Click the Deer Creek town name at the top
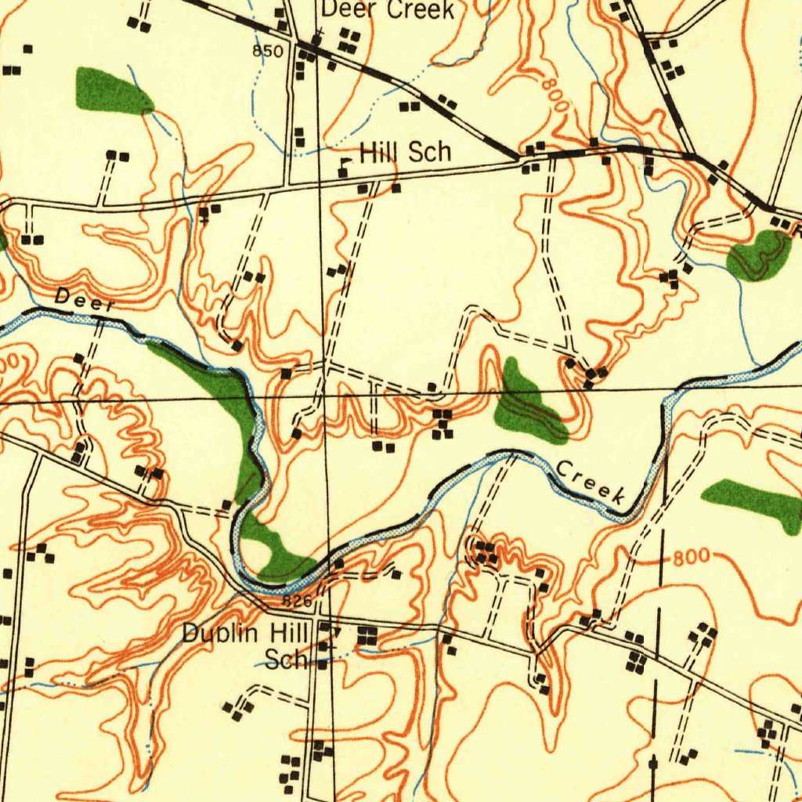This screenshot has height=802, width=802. [388, 9]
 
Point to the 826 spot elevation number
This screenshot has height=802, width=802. [298, 601]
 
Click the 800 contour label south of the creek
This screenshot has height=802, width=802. [692, 558]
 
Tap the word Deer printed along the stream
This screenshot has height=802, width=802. [85, 299]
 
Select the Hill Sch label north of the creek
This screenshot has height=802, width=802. [406, 152]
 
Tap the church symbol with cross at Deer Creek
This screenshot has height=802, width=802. [316, 38]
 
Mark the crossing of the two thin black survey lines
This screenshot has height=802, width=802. [325, 395]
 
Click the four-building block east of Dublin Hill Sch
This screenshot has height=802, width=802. [366, 636]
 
